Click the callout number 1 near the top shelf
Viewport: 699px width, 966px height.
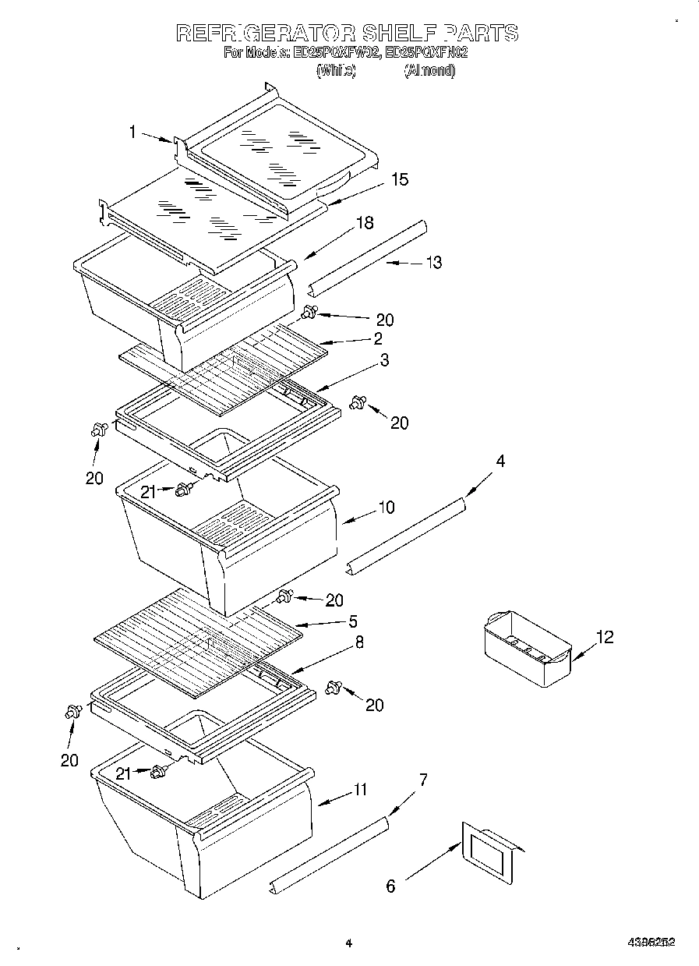(x=132, y=133)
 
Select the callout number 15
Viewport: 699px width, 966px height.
(x=399, y=179)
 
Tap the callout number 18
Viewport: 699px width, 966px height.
(x=365, y=223)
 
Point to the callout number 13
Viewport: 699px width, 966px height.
(x=433, y=263)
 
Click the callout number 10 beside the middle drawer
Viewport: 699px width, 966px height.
(x=386, y=508)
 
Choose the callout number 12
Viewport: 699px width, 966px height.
(x=605, y=638)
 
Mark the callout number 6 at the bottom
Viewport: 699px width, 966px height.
(x=390, y=886)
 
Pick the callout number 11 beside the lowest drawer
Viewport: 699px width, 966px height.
(x=358, y=790)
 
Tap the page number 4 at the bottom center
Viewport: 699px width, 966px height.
(x=349, y=943)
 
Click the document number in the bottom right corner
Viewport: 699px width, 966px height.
(x=651, y=942)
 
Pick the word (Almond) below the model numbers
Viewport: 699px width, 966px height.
(x=429, y=70)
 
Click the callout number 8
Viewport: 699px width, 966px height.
(x=358, y=642)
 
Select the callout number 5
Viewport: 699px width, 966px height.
(x=353, y=621)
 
